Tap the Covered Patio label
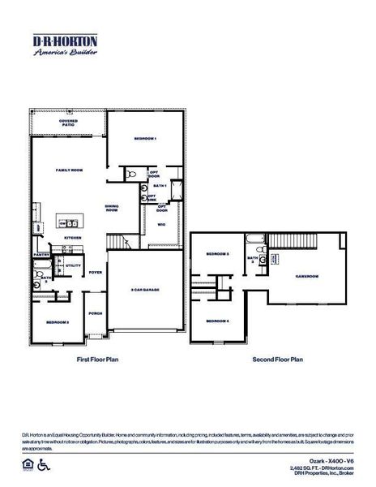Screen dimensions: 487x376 point(68,123)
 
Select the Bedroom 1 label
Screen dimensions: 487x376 point(145,139)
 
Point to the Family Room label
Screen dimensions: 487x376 point(69,171)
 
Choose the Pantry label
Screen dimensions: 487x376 point(42,254)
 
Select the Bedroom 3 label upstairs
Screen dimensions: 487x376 point(217,255)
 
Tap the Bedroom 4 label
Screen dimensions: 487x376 point(217,321)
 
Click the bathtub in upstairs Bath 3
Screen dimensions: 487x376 point(255,239)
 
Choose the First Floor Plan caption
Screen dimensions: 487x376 point(99,358)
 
